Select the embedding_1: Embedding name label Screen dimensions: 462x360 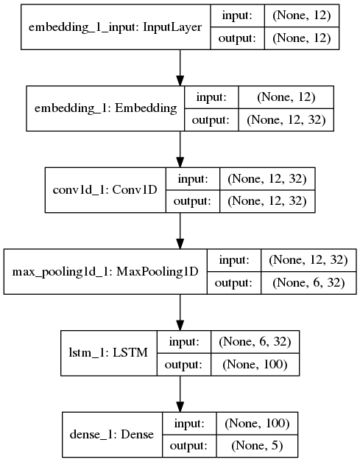[x=106, y=108]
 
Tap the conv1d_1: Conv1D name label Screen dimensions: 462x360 [x=105, y=189]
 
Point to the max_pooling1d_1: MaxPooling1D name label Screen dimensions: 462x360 [x=105, y=272]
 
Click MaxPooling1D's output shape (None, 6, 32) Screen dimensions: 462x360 [x=308, y=282]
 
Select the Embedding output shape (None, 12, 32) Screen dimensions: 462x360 [x=286, y=119]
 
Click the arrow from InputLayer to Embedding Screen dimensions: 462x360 [x=180, y=68]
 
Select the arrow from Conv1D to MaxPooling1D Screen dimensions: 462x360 [x=180, y=231]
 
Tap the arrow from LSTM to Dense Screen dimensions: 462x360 [x=180, y=394]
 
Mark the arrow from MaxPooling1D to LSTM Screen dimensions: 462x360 [x=180, y=312]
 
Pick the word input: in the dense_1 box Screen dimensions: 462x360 [x=190, y=424]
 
